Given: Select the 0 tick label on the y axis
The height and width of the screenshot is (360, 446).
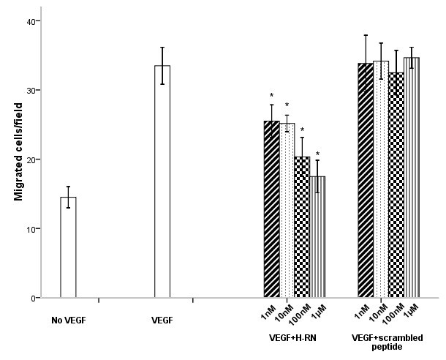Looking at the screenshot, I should [34, 299].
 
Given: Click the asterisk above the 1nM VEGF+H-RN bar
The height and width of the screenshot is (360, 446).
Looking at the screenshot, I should [271, 96].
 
